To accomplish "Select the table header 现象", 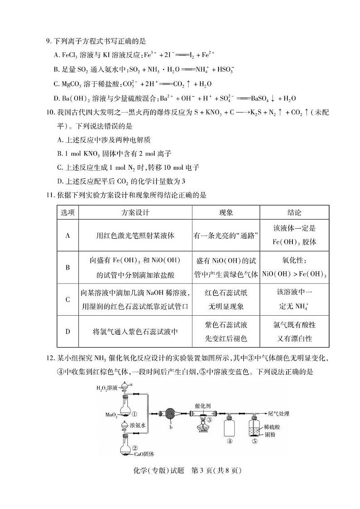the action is (226, 212).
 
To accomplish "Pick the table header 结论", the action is (294, 212).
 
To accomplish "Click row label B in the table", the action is (68, 267).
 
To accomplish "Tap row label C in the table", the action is (68, 299).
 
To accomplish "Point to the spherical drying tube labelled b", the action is (171, 414).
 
